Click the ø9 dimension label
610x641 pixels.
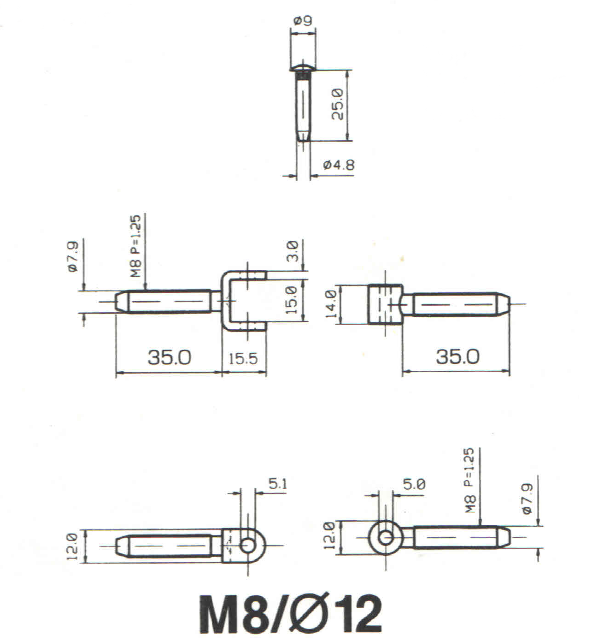coord(302,21)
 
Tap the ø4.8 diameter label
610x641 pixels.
coord(339,165)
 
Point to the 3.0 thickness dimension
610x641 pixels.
coord(292,251)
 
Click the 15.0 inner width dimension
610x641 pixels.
coord(291,300)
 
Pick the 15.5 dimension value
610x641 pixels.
coord(243,359)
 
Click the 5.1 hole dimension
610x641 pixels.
coord(278,484)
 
